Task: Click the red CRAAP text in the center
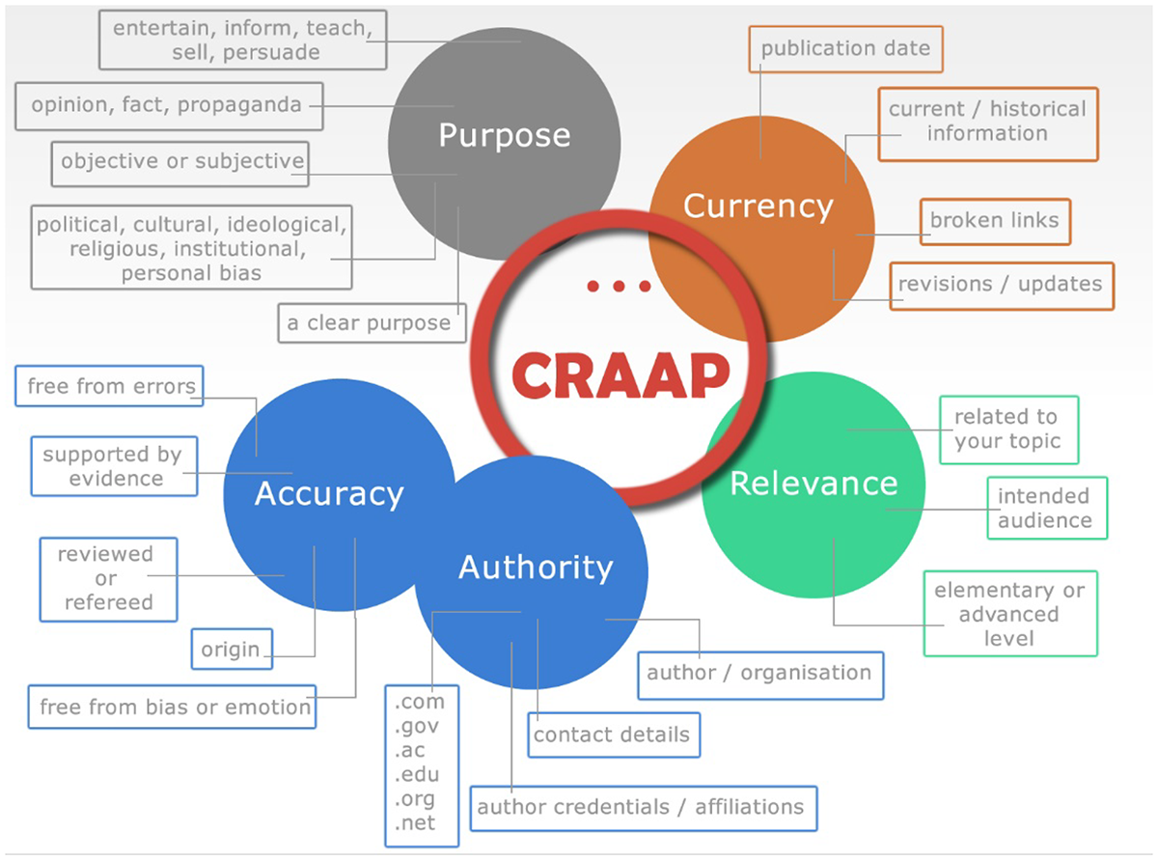point(620,375)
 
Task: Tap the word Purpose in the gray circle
point(504,135)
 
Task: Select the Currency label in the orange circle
point(758,206)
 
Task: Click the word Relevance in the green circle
point(813,484)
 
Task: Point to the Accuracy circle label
point(328,493)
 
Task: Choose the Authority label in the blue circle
point(535,568)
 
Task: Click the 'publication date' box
point(845,48)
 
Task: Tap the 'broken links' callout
point(994,221)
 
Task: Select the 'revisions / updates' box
point(1000,285)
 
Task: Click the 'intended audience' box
point(1045,508)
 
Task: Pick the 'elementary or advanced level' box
point(1009,614)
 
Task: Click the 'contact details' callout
point(612,735)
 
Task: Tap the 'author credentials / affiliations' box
point(641,807)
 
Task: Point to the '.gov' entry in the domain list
point(416,727)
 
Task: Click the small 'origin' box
point(231,649)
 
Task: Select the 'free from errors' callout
point(111,387)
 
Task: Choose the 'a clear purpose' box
point(369,323)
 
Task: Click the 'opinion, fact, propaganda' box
point(167,105)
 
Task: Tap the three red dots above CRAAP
point(619,287)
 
